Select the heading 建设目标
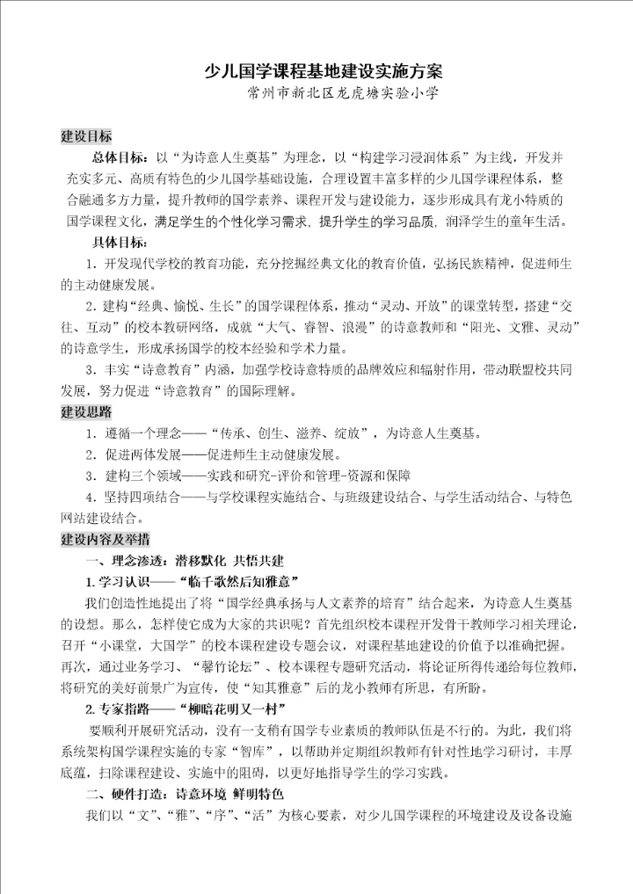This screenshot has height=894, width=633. [x=85, y=137]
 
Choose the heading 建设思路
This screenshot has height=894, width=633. [x=85, y=412]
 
